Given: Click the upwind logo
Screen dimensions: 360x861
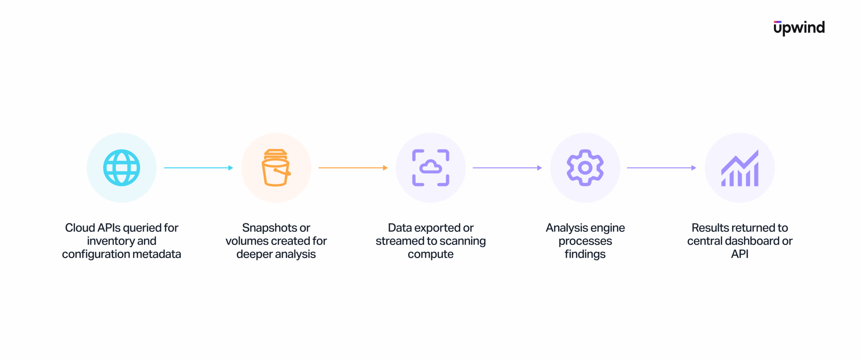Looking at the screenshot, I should click(x=799, y=28).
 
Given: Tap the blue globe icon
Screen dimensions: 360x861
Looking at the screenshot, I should click(x=122, y=168).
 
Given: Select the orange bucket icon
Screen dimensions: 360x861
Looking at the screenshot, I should click(x=276, y=168).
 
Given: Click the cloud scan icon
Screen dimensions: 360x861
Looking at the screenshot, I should click(x=430, y=168).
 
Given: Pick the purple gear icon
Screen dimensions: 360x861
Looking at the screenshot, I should click(x=585, y=168).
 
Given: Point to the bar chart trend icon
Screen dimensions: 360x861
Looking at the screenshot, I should click(x=740, y=168).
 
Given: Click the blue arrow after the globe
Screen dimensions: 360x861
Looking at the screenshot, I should click(x=198, y=168).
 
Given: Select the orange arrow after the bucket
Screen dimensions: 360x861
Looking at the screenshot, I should click(x=353, y=168).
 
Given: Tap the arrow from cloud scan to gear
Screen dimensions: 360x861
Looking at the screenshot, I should click(x=507, y=168).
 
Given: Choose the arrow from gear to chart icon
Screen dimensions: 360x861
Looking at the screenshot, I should click(x=662, y=168).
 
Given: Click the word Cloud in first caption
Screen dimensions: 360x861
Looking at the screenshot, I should click(x=80, y=228).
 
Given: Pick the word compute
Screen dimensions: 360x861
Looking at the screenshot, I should click(x=430, y=254).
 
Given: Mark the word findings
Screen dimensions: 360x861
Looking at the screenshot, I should click(x=585, y=254).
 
